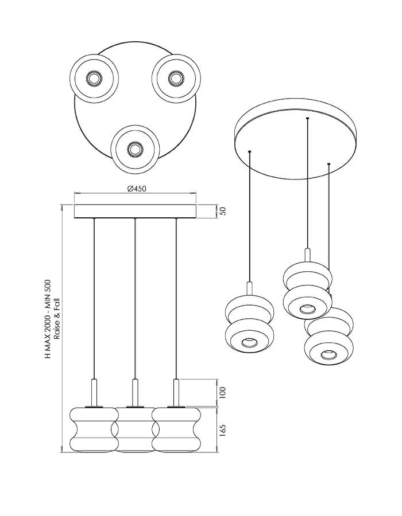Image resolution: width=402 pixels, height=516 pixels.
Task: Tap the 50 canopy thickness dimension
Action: click(x=223, y=211)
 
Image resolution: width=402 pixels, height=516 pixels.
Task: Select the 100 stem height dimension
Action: click(x=223, y=393)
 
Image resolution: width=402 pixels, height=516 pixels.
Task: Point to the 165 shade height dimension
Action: click(x=223, y=430)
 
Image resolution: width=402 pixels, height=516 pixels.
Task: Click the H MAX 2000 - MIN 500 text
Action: click(x=48, y=319)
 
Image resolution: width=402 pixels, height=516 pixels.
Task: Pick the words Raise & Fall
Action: click(x=57, y=319)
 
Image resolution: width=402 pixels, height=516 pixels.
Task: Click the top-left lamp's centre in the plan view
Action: click(x=94, y=79)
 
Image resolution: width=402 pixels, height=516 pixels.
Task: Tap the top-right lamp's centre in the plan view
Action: click(x=176, y=79)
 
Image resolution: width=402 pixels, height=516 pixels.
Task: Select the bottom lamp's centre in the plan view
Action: click(x=135, y=150)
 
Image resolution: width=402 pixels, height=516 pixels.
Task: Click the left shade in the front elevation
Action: click(x=94, y=429)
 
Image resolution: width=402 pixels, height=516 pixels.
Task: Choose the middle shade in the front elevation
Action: click(x=135, y=429)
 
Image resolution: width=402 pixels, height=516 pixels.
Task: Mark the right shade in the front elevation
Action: click(x=176, y=429)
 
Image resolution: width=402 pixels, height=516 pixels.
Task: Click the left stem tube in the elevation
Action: click(x=95, y=393)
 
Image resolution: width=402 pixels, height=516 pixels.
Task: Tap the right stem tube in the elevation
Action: click(x=176, y=393)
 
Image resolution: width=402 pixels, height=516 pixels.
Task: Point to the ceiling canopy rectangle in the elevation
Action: click(x=135, y=211)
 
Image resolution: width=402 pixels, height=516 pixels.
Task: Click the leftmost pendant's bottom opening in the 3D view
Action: click(x=249, y=343)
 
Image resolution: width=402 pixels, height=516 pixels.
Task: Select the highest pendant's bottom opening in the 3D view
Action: click(x=307, y=309)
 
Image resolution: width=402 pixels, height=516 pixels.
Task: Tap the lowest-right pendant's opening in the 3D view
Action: click(x=328, y=354)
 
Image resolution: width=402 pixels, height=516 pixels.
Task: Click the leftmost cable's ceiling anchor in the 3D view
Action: click(x=250, y=151)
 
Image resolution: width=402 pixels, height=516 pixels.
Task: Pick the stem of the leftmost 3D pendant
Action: click(x=249, y=288)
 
